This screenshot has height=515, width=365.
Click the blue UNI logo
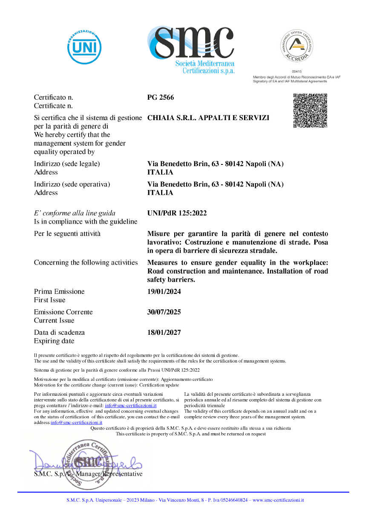(x=84, y=47)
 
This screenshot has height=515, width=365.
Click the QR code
(x=310, y=110)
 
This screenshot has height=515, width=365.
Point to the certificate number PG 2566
(x=161, y=98)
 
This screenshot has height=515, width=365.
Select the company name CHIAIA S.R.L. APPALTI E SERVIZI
(x=208, y=118)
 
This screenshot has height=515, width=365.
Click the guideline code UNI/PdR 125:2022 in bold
(x=177, y=213)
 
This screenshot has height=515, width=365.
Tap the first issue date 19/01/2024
(x=164, y=292)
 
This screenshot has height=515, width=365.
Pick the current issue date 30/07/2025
(x=164, y=312)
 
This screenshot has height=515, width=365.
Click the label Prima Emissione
(x=59, y=292)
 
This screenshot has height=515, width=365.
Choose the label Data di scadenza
(x=59, y=333)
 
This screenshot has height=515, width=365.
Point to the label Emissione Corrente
(x=63, y=312)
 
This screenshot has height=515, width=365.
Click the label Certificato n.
(x=54, y=98)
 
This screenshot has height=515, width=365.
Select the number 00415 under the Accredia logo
(x=297, y=72)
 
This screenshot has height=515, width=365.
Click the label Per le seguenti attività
(x=67, y=234)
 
